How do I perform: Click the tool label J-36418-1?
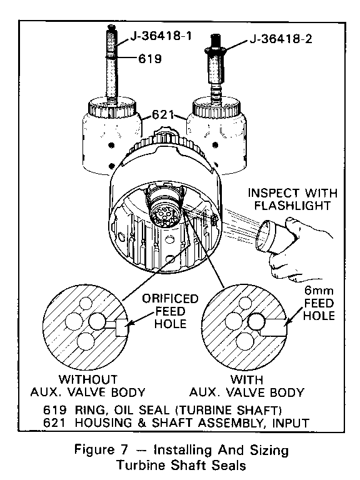(x=161, y=36)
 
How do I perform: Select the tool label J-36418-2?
(x=281, y=39)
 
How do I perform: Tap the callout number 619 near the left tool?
(x=150, y=58)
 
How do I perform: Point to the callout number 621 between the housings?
(x=163, y=115)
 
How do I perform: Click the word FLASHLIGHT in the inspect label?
(x=292, y=206)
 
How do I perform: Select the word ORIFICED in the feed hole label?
(x=170, y=299)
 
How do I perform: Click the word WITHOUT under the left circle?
(x=88, y=379)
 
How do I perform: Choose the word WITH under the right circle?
(x=246, y=379)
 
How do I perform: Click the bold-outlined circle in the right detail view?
(x=256, y=322)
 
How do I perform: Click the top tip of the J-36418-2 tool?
(x=215, y=35)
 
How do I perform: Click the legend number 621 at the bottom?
(x=54, y=422)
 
